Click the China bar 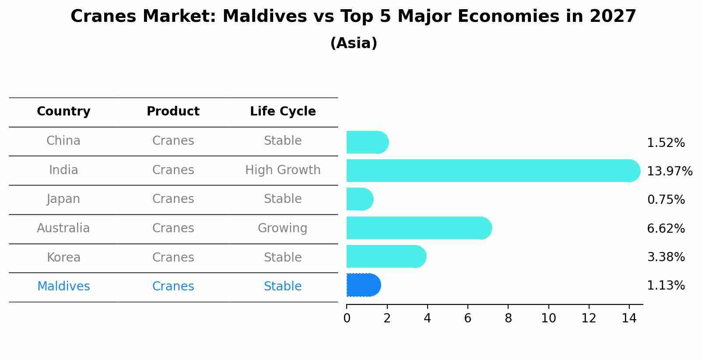tap(367, 142)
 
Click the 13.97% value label tap(669, 171)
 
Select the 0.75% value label tap(666, 200)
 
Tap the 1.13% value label tap(666, 286)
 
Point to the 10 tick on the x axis tap(548, 318)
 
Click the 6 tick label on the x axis tap(467, 318)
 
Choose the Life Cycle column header tap(283, 112)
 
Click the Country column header tap(63, 112)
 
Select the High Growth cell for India tap(283, 170)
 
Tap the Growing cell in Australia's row tap(282, 228)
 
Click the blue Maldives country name tap(63, 287)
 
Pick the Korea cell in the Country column tap(63, 258)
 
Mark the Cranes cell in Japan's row tap(173, 199)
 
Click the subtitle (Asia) tap(354, 43)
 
